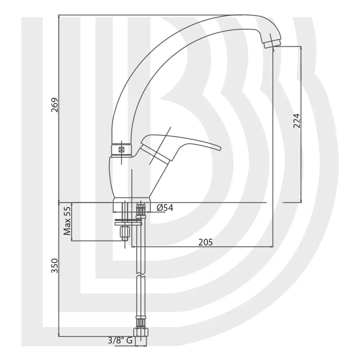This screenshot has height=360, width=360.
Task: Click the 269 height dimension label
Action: tap(55, 105)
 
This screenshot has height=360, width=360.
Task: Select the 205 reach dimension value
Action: tap(206, 242)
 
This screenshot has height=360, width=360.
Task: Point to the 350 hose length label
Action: tap(55, 266)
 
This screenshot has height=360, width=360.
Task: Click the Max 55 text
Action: tap(67, 221)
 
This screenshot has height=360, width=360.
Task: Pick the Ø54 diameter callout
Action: tap(165, 208)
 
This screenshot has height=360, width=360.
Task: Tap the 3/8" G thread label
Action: tap(120, 340)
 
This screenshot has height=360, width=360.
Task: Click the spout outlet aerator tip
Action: tap(272, 44)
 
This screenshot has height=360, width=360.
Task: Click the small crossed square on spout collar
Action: tap(121, 150)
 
